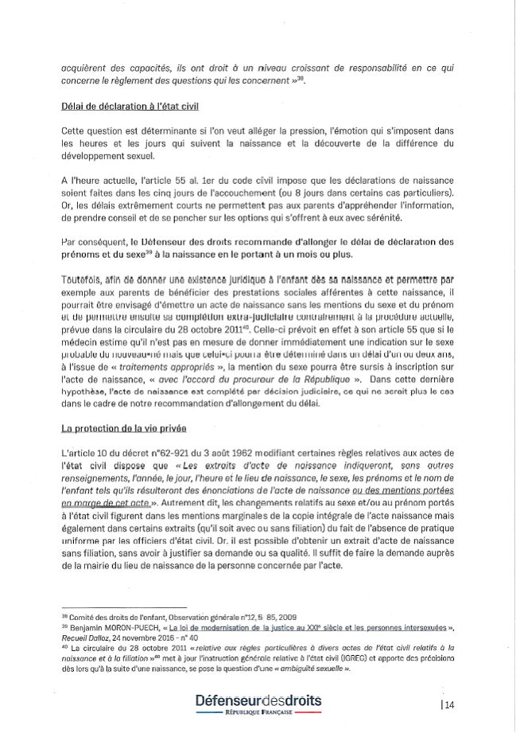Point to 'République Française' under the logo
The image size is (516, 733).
(258, 714)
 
